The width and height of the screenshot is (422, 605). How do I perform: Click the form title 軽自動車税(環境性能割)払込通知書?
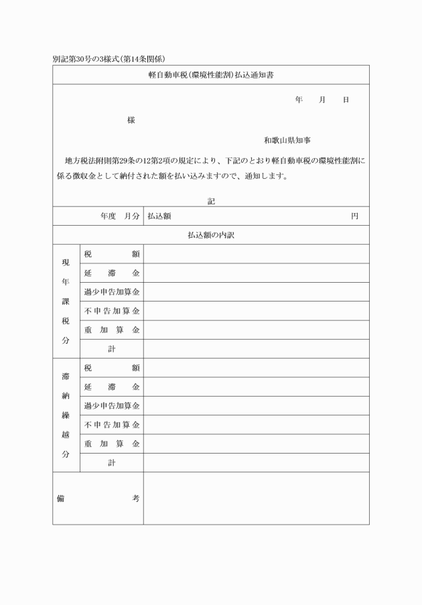click(x=210, y=76)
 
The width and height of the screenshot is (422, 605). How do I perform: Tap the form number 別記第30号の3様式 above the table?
click(x=88, y=59)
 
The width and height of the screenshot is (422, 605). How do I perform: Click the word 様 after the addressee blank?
click(x=131, y=121)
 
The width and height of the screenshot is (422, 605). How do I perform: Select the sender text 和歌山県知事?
click(x=287, y=141)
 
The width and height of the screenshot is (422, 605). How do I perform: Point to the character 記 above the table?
click(x=211, y=200)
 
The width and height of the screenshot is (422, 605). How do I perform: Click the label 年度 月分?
click(x=119, y=216)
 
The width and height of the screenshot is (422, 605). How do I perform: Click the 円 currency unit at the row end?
click(x=354, y=216)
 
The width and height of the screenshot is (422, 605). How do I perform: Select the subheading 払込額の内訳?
click(x=210, y=235)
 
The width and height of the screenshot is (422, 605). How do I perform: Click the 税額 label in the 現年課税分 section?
click(x=111, y=254)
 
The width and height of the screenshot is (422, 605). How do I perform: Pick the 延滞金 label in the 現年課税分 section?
click(x=111, y=273)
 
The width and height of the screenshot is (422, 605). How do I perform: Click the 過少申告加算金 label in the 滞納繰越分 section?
click(x=111, y=406)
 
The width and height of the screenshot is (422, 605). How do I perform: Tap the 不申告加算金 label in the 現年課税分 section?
click(x=111, y=311)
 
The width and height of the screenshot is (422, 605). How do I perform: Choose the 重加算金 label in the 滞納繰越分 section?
click(x=111, y=444)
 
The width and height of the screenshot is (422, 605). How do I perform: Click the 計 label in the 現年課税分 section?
click(x=111, y=349)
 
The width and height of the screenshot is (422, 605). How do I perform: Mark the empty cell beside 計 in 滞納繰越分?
click(x=256, y=463)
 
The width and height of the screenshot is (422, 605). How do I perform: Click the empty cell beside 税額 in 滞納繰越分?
click(x=256, y=368)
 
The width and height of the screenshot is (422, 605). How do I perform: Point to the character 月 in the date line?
click(x=322, y=100)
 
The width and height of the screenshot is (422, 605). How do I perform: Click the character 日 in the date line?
click(x=346, y=100)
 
